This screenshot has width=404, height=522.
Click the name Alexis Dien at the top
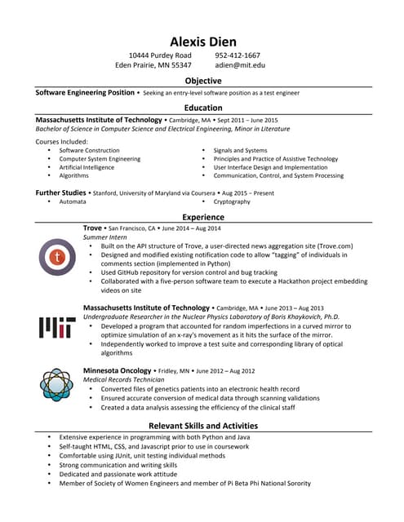coord(202,42)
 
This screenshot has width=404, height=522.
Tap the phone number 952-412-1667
coord(238,55)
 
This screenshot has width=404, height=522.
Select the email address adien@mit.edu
coord(240,64)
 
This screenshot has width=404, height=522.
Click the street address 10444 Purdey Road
coord(160,55)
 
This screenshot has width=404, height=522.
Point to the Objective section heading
coord(202,81)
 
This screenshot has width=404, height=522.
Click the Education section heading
coord(202,108)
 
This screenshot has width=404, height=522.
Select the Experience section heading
coord(202,217)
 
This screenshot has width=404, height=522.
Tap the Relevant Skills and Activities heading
coord(202,426)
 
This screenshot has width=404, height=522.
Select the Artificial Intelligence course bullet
coord(87,167)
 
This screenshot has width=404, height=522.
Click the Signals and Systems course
coord(240,151)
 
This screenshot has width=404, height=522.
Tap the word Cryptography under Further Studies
coord(232,201)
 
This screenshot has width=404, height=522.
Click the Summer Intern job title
coord(104,237)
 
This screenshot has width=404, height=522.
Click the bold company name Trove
coord(93,228)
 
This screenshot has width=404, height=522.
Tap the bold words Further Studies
coord(60,192)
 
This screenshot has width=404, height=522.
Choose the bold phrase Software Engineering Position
coord(85,93)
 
